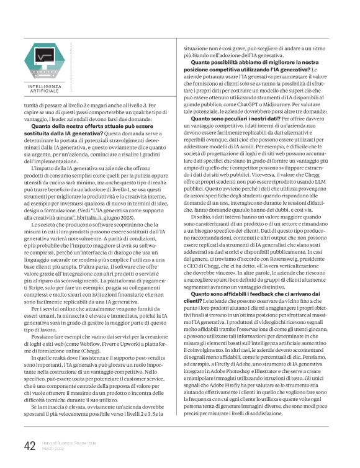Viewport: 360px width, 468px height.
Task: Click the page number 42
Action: coord(29,445)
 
